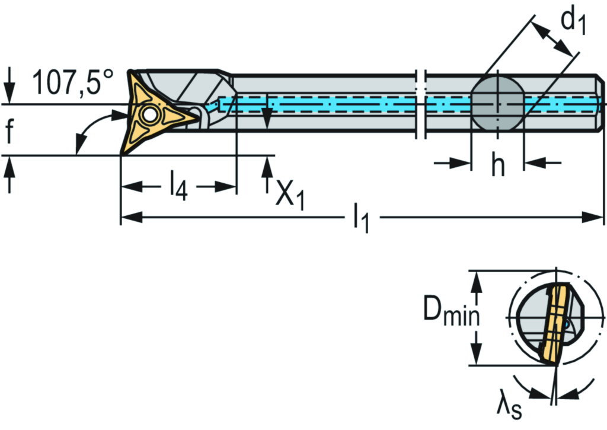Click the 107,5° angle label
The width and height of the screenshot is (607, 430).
pyautogui.click(x=72, y=82)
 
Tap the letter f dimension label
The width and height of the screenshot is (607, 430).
pyautogui.click(x=9, y=132)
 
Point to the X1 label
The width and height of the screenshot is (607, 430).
pyautogui.click(x=290, y=192)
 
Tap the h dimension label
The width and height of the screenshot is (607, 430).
pyautogui.click(x=498, y=167)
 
